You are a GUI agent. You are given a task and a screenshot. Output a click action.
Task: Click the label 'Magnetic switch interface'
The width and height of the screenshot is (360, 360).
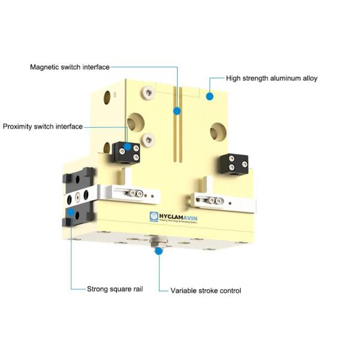(70, 67)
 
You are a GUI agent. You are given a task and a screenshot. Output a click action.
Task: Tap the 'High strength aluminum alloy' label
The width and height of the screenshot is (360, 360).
(272, 78)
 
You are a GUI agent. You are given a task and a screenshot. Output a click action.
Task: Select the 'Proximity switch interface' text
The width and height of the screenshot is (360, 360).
(43, 127)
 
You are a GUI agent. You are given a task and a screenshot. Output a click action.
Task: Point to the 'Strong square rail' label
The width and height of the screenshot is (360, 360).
(116, 288)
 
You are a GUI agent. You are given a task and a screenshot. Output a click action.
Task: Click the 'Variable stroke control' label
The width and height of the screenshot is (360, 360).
(206, 290)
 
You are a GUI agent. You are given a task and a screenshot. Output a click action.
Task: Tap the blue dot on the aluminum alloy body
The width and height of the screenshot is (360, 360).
(209, 95)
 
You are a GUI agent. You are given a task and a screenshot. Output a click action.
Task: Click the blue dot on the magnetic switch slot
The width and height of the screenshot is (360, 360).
(176, 111)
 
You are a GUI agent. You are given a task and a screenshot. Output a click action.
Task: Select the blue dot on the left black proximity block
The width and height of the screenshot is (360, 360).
(127, 146)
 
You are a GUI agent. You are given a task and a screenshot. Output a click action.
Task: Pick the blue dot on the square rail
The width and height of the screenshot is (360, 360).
(71, 211)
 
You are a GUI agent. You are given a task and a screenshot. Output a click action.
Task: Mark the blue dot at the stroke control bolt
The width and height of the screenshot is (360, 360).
(158, 251)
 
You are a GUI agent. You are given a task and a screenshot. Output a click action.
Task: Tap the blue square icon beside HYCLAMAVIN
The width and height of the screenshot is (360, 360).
(154, 217)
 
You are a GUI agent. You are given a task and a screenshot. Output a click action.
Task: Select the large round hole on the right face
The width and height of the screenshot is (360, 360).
(218, 130)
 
